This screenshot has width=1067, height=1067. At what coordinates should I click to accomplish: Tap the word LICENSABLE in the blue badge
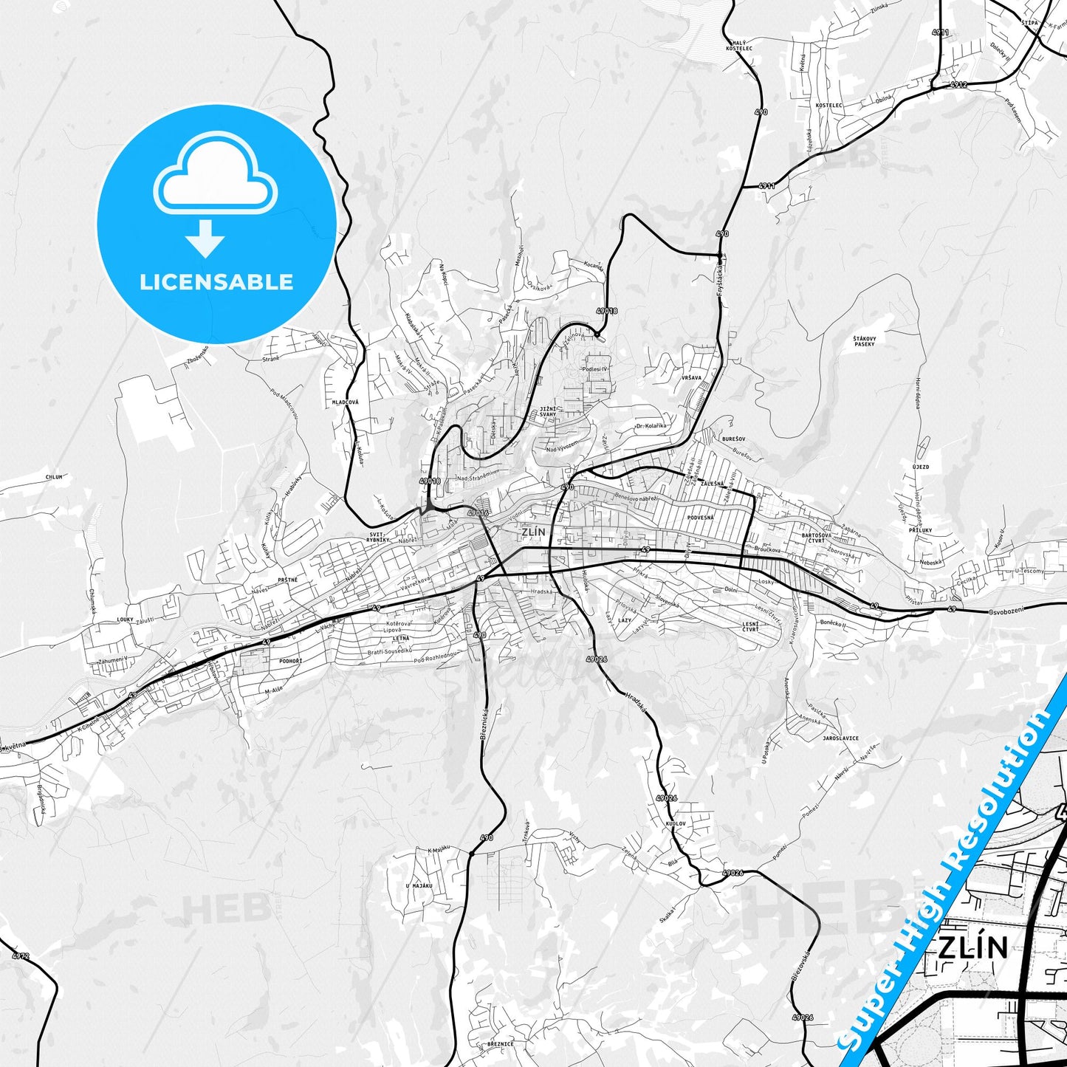[x=216, y=282]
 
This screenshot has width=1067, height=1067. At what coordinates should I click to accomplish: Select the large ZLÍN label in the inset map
[x=972, y=947]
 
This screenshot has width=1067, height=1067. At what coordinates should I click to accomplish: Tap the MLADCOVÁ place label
[x=346, y=402]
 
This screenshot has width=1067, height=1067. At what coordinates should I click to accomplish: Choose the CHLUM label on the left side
[x=54, y=477]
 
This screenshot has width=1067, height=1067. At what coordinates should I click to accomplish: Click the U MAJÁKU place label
[x=419, y=885]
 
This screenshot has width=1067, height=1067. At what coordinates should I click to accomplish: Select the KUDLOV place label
[x=675, y=823]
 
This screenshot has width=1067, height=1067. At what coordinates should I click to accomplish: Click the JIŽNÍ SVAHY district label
[x=548, y=411]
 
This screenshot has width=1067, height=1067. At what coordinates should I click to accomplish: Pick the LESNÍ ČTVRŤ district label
[x=751, y=628]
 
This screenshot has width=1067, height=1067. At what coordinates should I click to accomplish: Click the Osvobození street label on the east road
[x=1009, y=612]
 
